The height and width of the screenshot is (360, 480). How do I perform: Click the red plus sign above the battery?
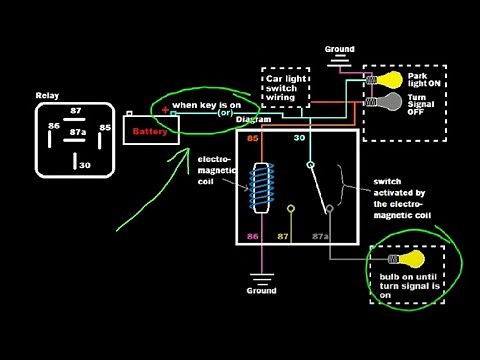(x=165, y=109)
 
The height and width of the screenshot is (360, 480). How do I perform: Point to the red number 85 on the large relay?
(x=253, y=139)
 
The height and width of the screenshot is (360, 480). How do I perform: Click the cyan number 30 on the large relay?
(x=299, y=139)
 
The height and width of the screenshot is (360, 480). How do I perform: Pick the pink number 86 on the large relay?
(x=253, y=236)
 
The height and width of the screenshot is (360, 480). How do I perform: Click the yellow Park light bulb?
(x=385, y=80)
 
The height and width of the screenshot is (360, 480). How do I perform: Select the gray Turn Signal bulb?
(x=385, y=102)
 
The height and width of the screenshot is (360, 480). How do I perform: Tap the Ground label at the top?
(x=341, y=47)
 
